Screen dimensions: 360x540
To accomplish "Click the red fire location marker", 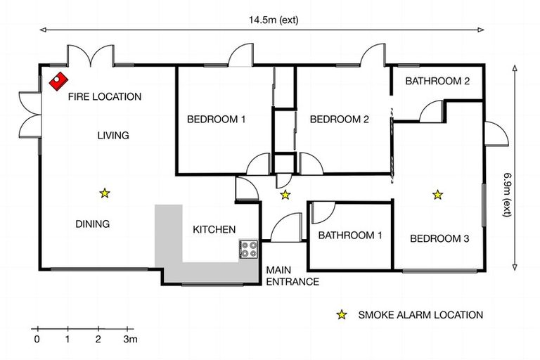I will pos(57,79).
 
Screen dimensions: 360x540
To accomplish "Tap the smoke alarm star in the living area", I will pos(104,193).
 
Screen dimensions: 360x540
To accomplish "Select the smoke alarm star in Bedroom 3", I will pos(437,194).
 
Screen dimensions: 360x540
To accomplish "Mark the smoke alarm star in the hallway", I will pos(285,194).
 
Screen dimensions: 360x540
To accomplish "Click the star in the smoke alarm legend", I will pos(342,315).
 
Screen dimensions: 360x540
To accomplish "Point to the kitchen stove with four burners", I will pos(249,250).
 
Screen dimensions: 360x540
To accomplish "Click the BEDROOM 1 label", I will pos(216,119).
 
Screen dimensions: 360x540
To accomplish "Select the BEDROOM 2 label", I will pos(339,119).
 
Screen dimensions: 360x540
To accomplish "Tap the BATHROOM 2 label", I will pos(437,81).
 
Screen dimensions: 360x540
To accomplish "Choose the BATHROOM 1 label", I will pos(349,236).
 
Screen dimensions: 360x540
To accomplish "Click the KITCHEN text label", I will pos(214,229).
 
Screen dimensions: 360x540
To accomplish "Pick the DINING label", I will pos(92,224).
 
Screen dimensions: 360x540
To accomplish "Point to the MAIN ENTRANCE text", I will pos(292,276).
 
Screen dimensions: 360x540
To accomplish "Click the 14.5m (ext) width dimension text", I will pos(273,20).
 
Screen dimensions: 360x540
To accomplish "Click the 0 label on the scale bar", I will pos(37,339).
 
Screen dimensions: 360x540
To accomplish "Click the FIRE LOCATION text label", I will pos(104,97).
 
